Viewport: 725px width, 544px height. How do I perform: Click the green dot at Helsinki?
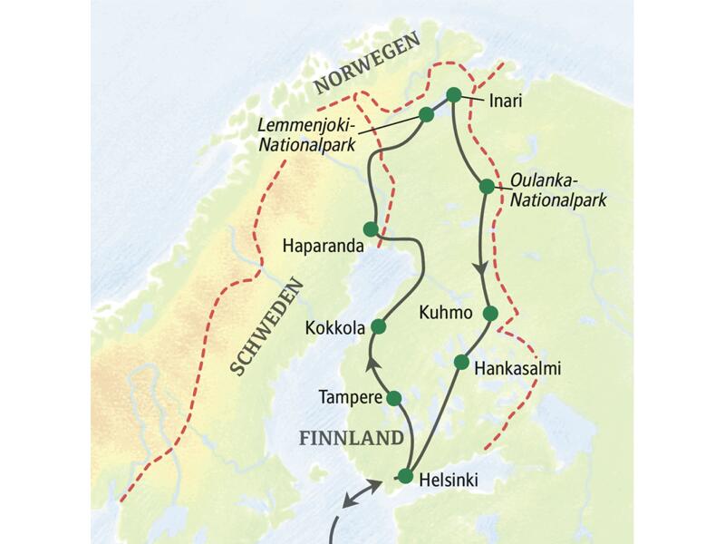[405, 476]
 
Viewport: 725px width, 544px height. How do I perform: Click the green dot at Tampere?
[393, 398]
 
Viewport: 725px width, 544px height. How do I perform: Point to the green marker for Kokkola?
[379, 325]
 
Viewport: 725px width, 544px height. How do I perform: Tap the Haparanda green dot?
[370, 228]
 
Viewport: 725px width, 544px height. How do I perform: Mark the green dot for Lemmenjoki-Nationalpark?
[426, 114]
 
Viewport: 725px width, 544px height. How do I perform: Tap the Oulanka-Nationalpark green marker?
[487, 187]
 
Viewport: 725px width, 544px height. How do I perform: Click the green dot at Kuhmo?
[490, 314]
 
